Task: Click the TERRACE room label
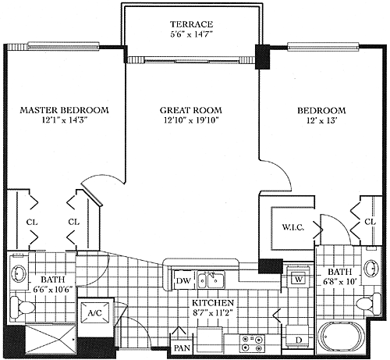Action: click(x=192, y=24)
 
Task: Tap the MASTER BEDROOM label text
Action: click(x=64, y=110)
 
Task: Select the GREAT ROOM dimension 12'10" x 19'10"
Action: click(x=191, y=120)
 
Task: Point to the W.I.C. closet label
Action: click(x=293, y=227)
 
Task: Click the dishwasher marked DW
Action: click(x=183, y=280)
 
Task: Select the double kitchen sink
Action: click(x=211, y=280)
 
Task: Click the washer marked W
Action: click(x=298, y=279)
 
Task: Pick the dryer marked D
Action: click(x=299, y=339)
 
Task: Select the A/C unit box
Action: click(x=94, y=312)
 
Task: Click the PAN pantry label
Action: click(x=182, y=348)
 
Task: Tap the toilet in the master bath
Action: click(x=23, y=307)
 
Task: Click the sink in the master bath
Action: click(x=19, y=273)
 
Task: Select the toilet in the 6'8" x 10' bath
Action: click(x=368, y=304)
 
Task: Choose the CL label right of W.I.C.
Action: click(x=370, y=222)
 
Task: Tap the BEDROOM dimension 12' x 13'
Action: click(x=322, y=120)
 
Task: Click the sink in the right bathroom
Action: click(x=371, y=268)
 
